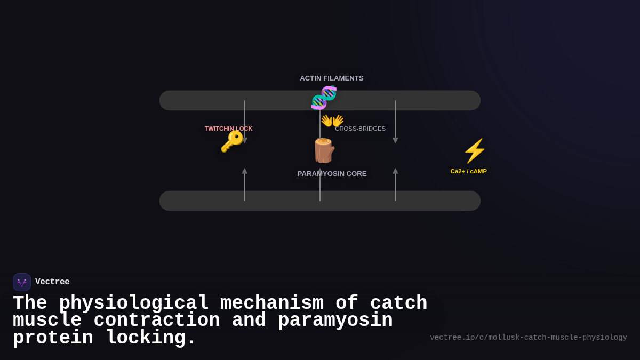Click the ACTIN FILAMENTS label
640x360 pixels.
(331, 78)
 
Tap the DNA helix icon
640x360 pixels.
(324, 98)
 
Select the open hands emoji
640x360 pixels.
(332, 121)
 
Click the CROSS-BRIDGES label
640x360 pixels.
(360, 129)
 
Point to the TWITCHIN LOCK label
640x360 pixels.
(228, 129)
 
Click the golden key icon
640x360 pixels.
(232, 142)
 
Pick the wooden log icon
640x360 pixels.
(323, 150)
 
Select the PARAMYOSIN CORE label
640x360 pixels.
(332, 174)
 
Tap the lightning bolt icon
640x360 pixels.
(474, 151)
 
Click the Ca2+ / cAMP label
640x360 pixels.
(468, 171)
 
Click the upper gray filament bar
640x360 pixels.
(203, 100)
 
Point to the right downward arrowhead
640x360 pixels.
(395, 141)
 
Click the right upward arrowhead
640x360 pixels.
(395, 171)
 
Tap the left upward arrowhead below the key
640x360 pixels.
(245, 171)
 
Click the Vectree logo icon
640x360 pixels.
(22, 282)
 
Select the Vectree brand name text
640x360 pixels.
(52, 282)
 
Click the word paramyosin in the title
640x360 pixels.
(335, 321)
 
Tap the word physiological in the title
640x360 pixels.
(133, 303)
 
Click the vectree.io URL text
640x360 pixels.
(528, 338)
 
